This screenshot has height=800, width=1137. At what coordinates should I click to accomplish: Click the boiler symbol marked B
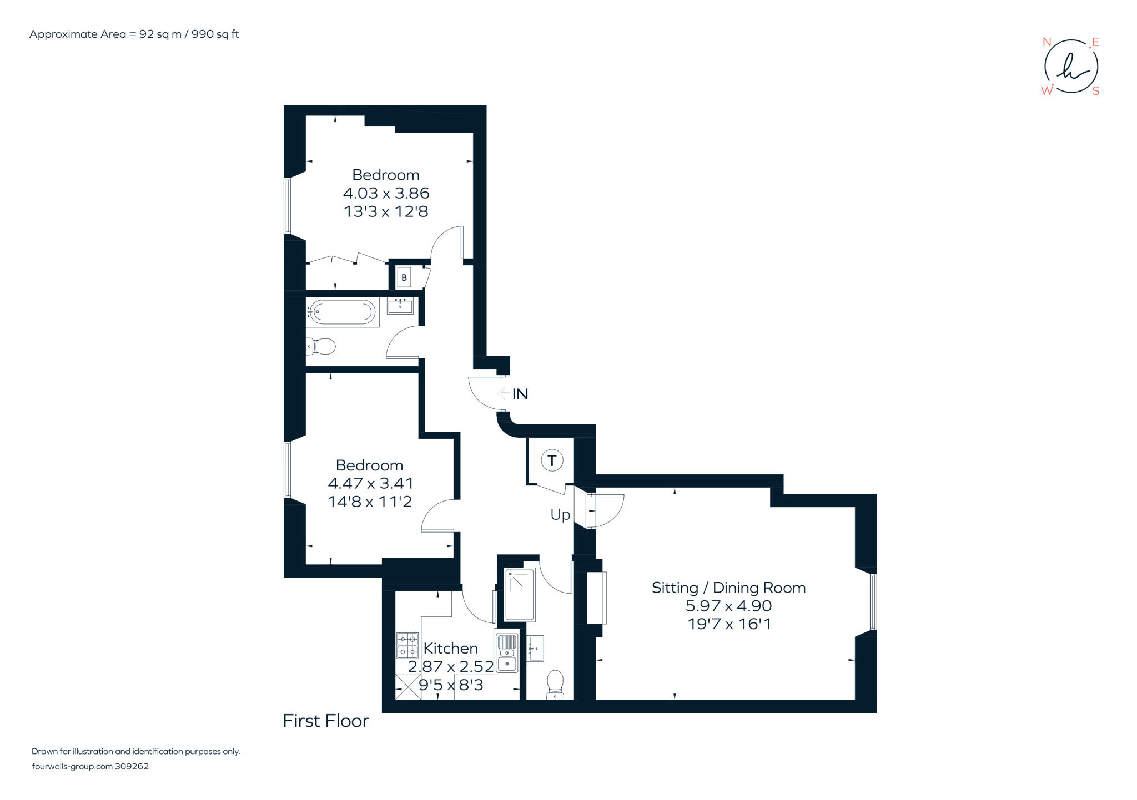point(404,277)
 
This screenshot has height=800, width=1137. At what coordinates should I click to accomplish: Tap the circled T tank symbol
point(552,460)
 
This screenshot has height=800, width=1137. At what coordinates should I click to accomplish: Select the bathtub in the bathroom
point(341,312)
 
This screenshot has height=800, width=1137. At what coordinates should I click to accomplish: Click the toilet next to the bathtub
point(322,347)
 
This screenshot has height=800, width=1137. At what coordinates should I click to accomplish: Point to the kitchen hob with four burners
point(407,645)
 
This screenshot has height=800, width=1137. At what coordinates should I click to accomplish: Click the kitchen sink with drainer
point(506,653)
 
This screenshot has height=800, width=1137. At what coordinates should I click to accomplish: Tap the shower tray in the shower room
point(520,594)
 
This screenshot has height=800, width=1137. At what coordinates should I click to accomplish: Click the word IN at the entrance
point(520,394)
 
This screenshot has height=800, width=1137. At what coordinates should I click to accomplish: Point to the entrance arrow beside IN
point(504,393)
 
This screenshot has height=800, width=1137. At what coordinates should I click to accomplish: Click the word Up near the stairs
point(560,515)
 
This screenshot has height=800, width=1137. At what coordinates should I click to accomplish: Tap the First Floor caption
point(326,721)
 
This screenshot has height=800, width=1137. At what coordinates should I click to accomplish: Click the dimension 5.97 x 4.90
point(728,606)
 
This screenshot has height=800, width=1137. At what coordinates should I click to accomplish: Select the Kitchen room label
point(450,648)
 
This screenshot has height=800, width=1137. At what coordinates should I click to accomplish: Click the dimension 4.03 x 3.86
point(386,193)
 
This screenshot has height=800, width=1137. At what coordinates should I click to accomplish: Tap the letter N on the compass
point(1047,42)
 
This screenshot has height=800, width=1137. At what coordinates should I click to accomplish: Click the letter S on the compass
point(1095,91)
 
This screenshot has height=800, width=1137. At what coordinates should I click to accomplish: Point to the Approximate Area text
point(134,34)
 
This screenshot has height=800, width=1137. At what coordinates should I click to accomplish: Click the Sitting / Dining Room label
point(728,588)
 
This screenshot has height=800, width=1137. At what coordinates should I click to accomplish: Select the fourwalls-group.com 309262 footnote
point(90,767)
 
